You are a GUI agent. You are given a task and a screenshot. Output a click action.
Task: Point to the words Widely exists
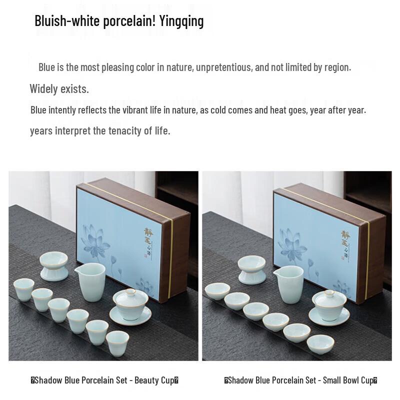point(59,89)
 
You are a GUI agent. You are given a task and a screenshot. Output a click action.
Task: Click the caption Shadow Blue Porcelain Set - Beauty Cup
point(104,380)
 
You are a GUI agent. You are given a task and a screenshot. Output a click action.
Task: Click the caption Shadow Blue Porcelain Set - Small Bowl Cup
point(300,380)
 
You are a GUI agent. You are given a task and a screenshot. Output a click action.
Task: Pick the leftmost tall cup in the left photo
point(23,289)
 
